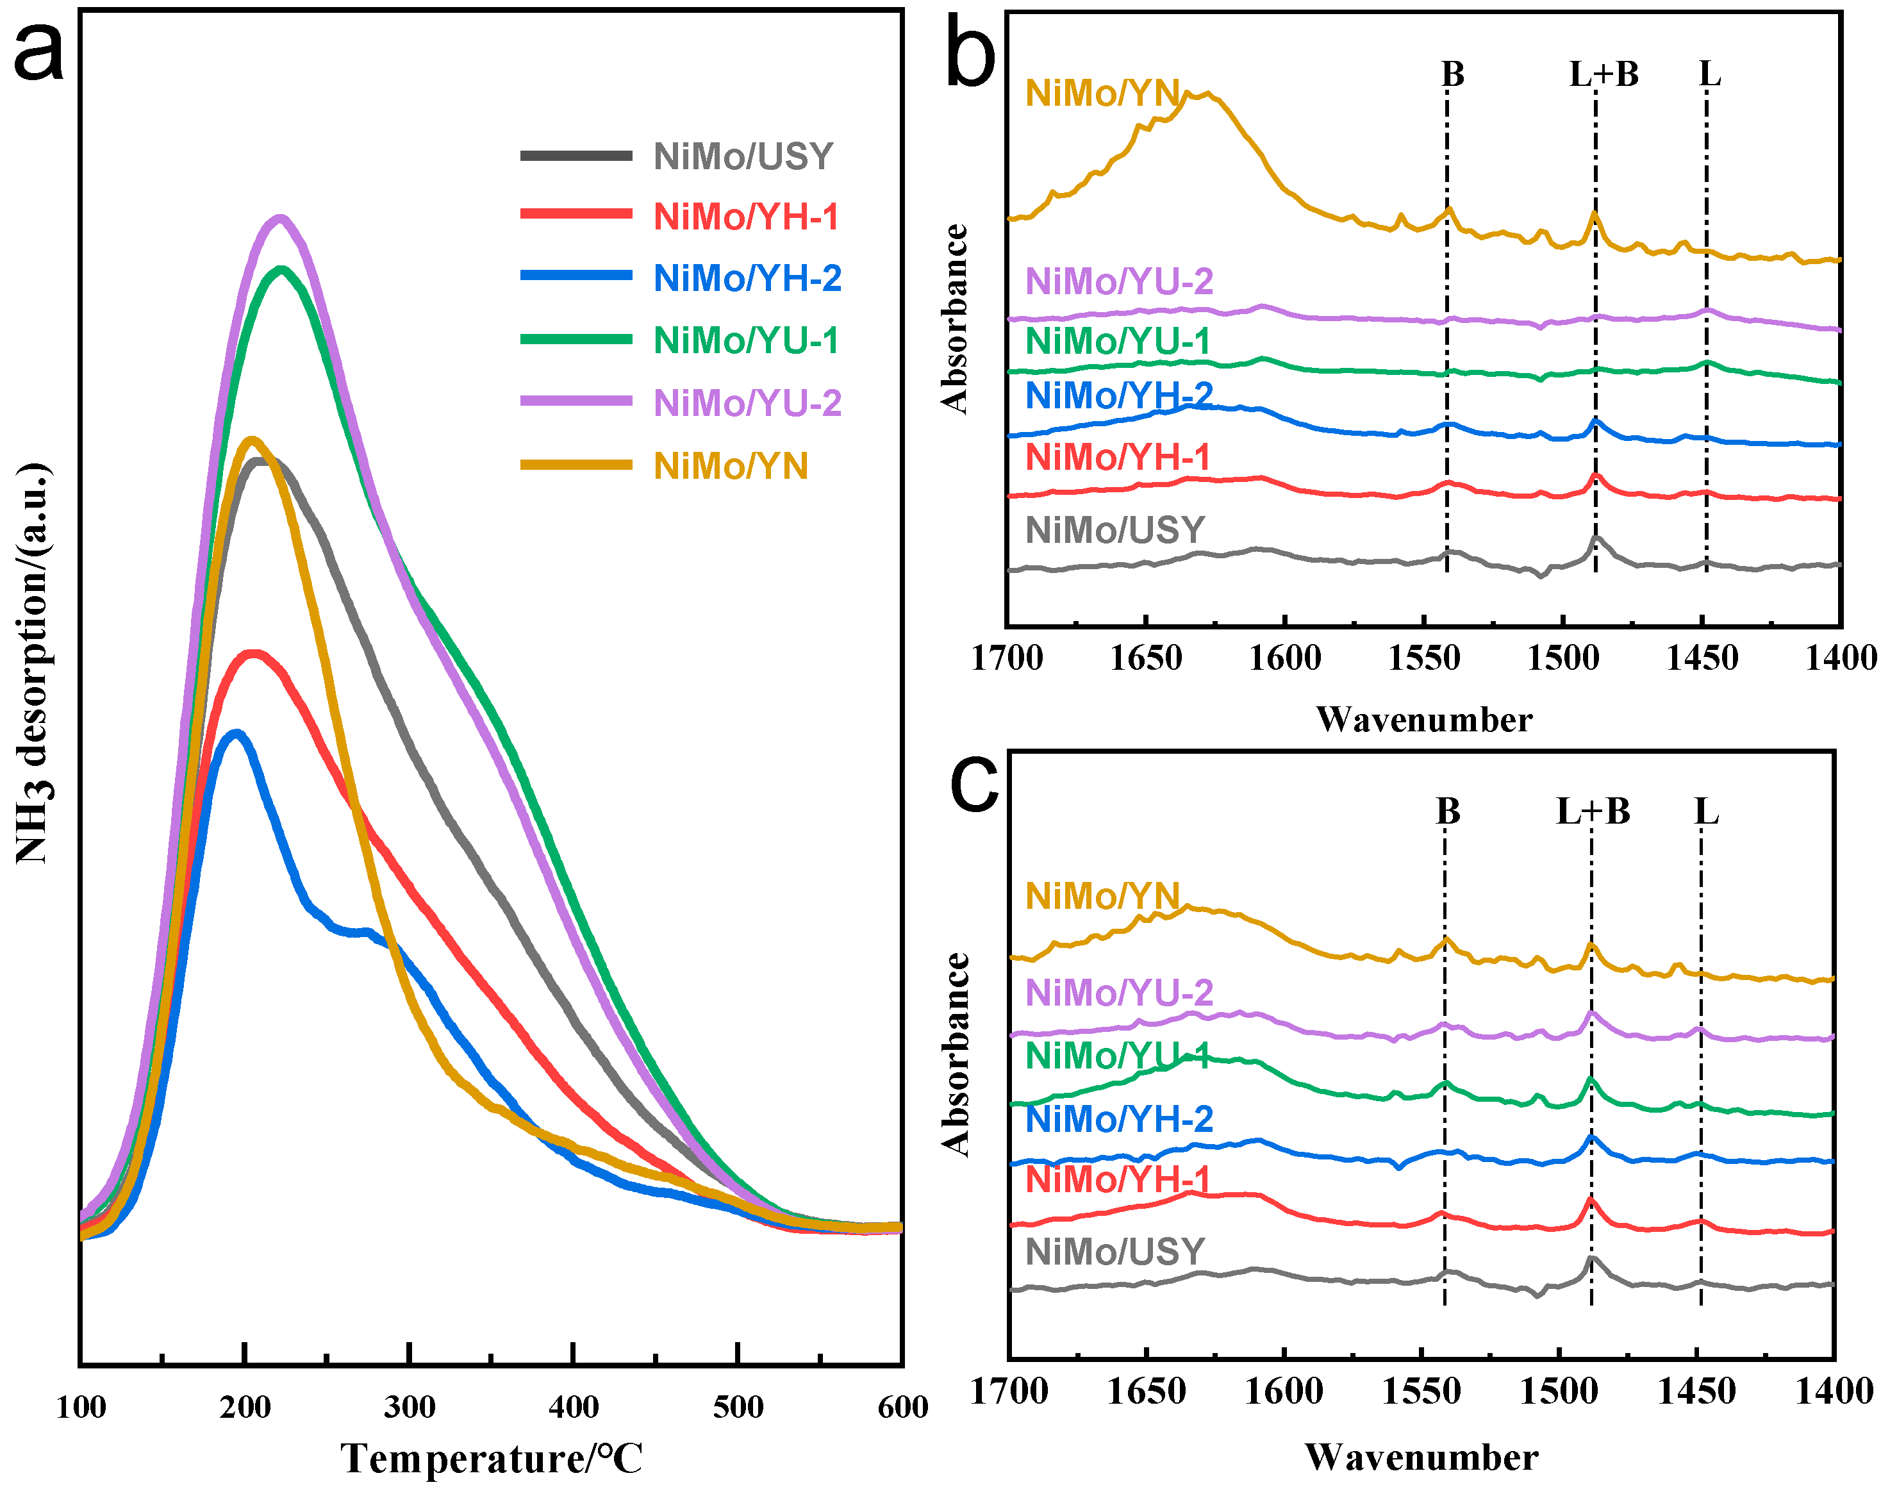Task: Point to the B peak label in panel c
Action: (x=1448, y=811)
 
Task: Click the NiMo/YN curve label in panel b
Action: (x=1102, y=93)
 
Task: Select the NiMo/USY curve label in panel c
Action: (x=1114, y=1252)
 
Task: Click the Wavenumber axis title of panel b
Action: (x=1424, y=719)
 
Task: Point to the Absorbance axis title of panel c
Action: (x=956, y=1054)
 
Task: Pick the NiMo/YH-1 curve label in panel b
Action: (x=1118, y=457)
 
